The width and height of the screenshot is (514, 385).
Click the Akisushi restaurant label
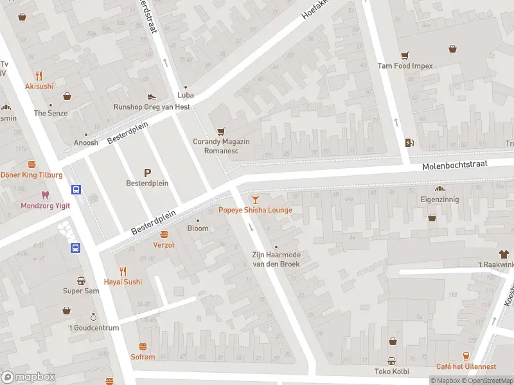(39, 86)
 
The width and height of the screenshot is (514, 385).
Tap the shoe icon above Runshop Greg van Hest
(152, 96)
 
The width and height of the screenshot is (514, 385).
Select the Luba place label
(186, 95)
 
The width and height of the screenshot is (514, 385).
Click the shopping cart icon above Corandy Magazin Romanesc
(221, 130)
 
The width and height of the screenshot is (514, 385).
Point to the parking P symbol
(147, 172)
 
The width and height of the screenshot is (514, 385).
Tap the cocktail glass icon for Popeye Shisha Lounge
(255, 200)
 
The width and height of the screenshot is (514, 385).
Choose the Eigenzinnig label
(440, 200)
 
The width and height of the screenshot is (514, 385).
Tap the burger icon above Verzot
(164, 234)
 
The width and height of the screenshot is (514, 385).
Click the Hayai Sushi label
(123, 282)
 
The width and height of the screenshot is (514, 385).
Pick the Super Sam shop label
(81, 291)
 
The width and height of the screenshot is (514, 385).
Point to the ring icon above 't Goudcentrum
(93, 317)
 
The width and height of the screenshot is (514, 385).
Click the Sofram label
(143, 357)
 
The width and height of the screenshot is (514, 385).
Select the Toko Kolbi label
(391, 371)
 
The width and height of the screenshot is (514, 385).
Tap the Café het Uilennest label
(466, 366)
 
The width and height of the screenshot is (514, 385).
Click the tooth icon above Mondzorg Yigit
(44, 194)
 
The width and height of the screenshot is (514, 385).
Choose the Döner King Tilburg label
(31, 175)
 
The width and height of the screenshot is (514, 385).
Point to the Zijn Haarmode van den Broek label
(276, 259)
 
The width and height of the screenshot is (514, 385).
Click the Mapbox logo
(28, 377)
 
